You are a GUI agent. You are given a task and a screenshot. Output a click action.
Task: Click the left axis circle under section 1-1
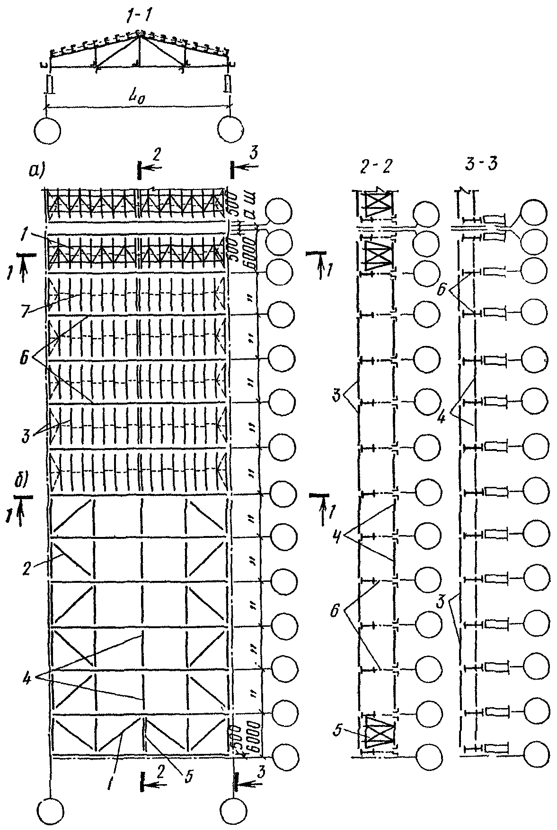pos(48,130)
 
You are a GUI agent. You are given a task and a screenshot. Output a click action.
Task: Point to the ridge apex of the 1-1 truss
pos(139,34)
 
